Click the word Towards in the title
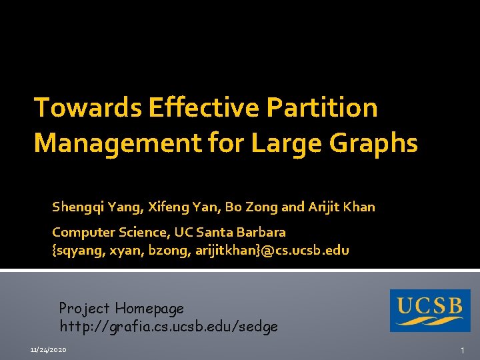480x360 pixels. (x=87, y=108)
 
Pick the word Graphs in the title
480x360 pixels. (x=379, y=143)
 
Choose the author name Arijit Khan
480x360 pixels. (x=341, y=207)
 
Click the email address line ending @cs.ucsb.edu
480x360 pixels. (x=200, y=251)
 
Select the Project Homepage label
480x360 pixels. (x=121, y=309)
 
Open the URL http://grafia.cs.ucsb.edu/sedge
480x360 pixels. (x=169, y=327)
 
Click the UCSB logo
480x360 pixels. (x=430, y=310)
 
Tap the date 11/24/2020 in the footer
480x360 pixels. (x=48, y=350)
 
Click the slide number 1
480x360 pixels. (x=461, y=350)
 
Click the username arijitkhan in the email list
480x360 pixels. (x=233, y=251)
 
